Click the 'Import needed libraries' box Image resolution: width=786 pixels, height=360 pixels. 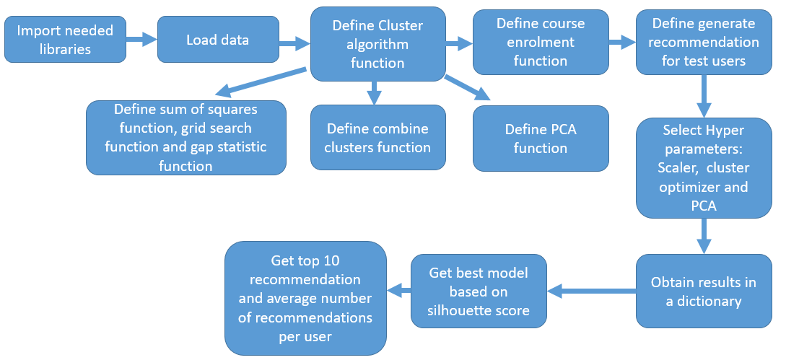point(64,40)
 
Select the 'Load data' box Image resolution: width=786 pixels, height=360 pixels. point(217,40)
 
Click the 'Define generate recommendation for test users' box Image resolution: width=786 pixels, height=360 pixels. point(703,43)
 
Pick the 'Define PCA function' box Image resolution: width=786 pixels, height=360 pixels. point(541,139)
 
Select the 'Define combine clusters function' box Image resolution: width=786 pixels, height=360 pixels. point(377,139)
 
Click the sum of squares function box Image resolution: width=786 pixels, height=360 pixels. point(185,138)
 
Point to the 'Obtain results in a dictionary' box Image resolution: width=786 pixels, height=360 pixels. point(704,291)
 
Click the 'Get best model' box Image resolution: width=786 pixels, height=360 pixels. point(479,291)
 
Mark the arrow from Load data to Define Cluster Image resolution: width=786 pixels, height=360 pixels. point(294,45)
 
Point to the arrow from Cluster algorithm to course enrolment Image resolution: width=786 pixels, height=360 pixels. point(459,44)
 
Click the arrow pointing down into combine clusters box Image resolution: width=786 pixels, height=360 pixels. point(373,92)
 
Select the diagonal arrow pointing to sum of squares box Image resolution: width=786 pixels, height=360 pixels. point(260,81)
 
